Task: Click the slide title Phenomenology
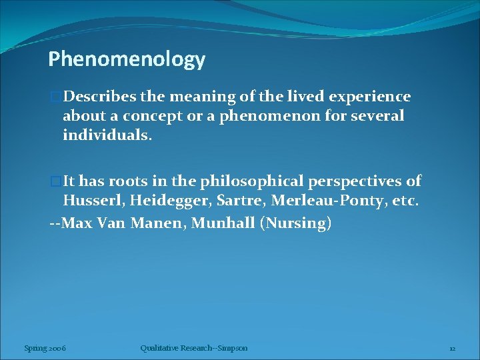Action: (127, 60)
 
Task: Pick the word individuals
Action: (107, 135)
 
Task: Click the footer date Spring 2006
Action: (44, 348)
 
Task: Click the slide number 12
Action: (452, 348)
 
